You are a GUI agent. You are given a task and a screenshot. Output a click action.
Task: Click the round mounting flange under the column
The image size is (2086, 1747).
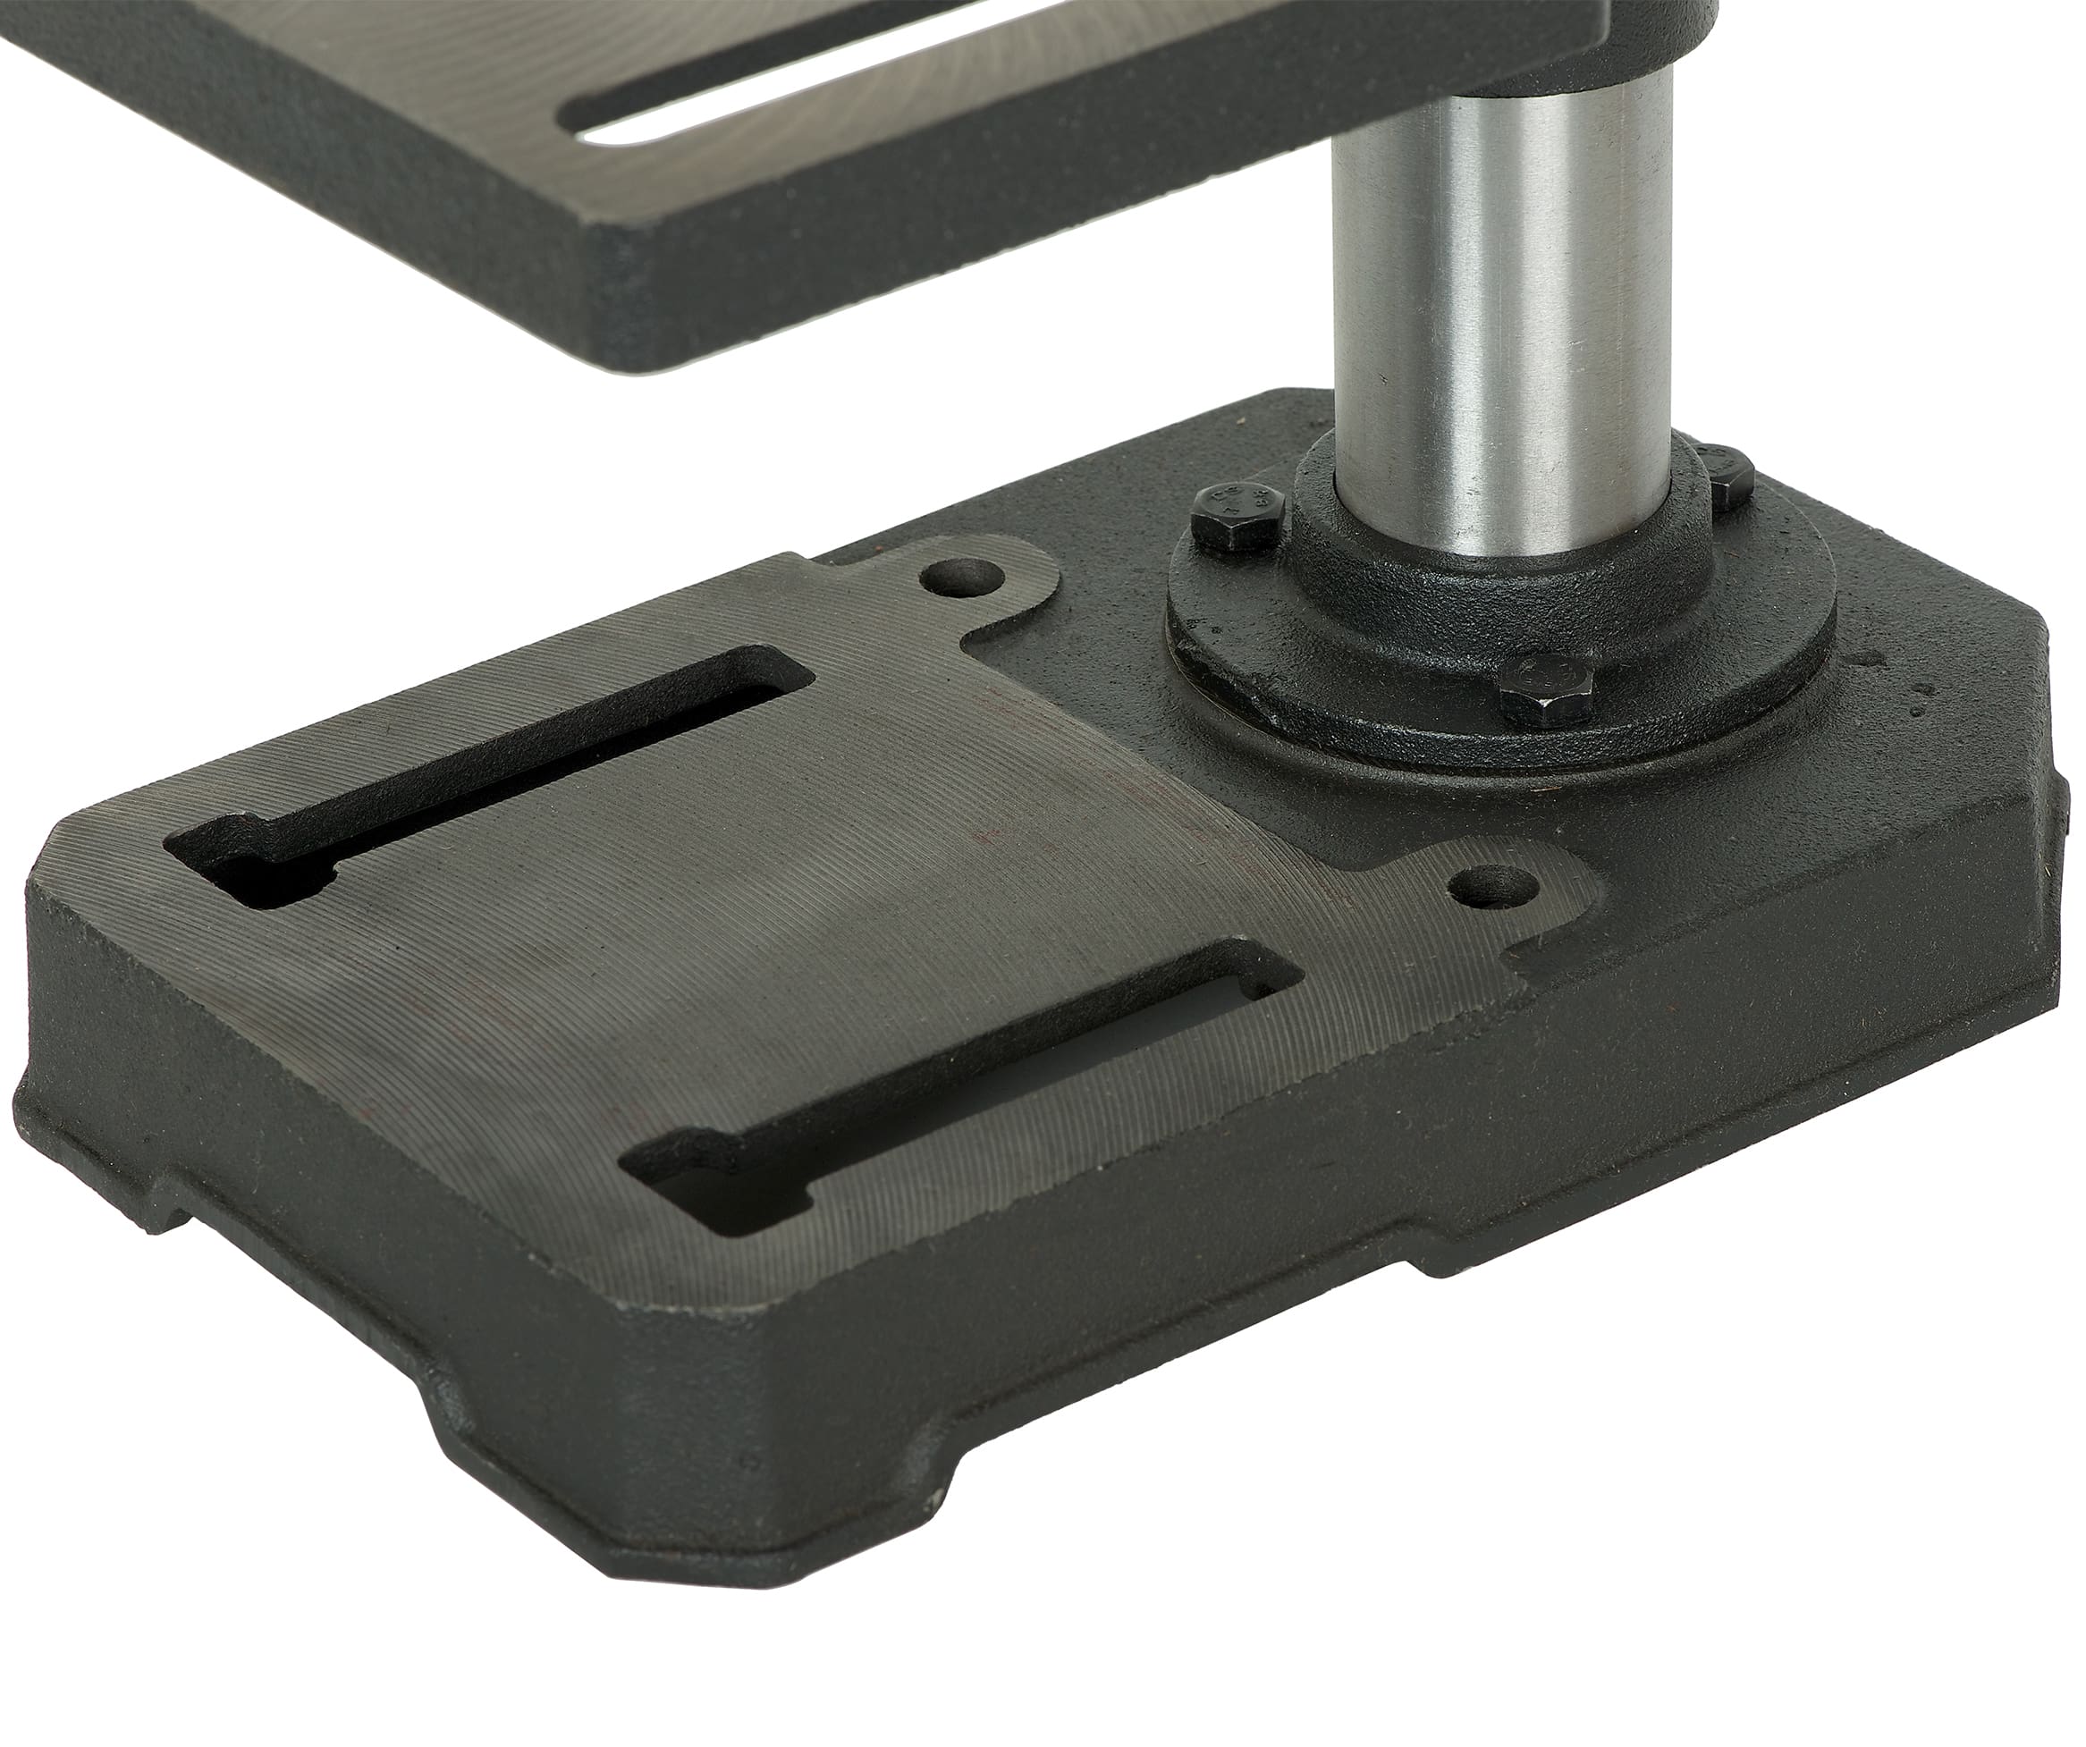coord(1500,636)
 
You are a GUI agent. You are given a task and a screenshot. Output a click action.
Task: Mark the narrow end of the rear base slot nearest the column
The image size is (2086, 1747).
coord(785,675)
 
